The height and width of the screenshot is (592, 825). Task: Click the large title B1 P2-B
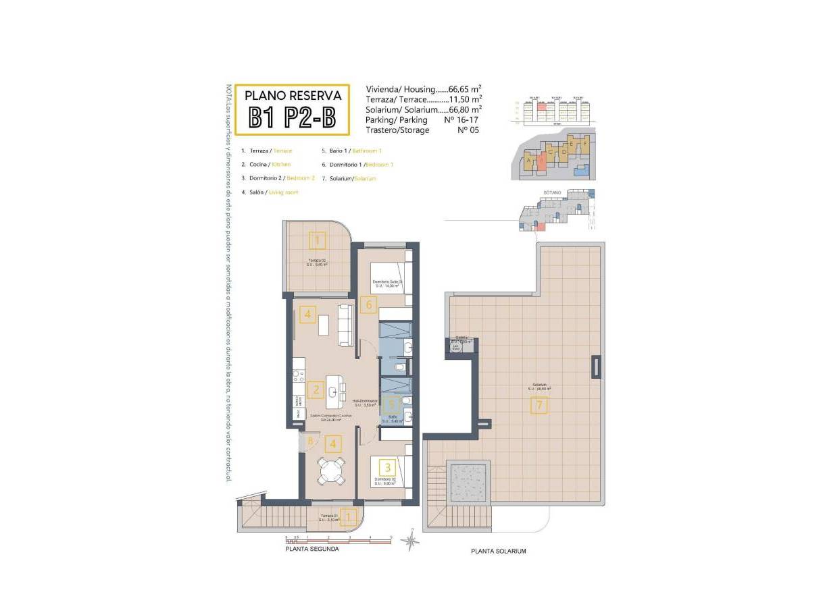[292, 117]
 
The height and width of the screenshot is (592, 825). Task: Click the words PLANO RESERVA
[292, 96]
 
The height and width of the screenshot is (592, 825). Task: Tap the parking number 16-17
[461, 119]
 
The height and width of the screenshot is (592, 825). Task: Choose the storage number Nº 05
[468, 130]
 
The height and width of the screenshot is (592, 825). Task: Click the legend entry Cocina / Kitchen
[266, 165]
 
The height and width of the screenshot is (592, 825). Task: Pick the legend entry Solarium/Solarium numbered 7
[349, 179]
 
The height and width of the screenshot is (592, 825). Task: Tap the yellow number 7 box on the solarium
[539, 406]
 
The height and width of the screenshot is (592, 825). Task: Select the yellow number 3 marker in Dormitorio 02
[387, 466]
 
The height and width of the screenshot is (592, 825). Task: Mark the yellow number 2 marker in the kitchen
[314, 389]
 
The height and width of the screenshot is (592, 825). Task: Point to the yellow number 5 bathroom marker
[391, 406]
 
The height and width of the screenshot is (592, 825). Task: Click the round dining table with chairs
[332, 470]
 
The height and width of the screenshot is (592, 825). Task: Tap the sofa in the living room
[345, 324]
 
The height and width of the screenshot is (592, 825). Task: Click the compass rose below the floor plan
[409, 541]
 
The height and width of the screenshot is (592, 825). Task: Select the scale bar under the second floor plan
[338, 539]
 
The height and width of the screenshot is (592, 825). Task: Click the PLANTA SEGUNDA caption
[312, 549]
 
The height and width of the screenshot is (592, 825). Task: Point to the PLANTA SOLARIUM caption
[498, 551]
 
